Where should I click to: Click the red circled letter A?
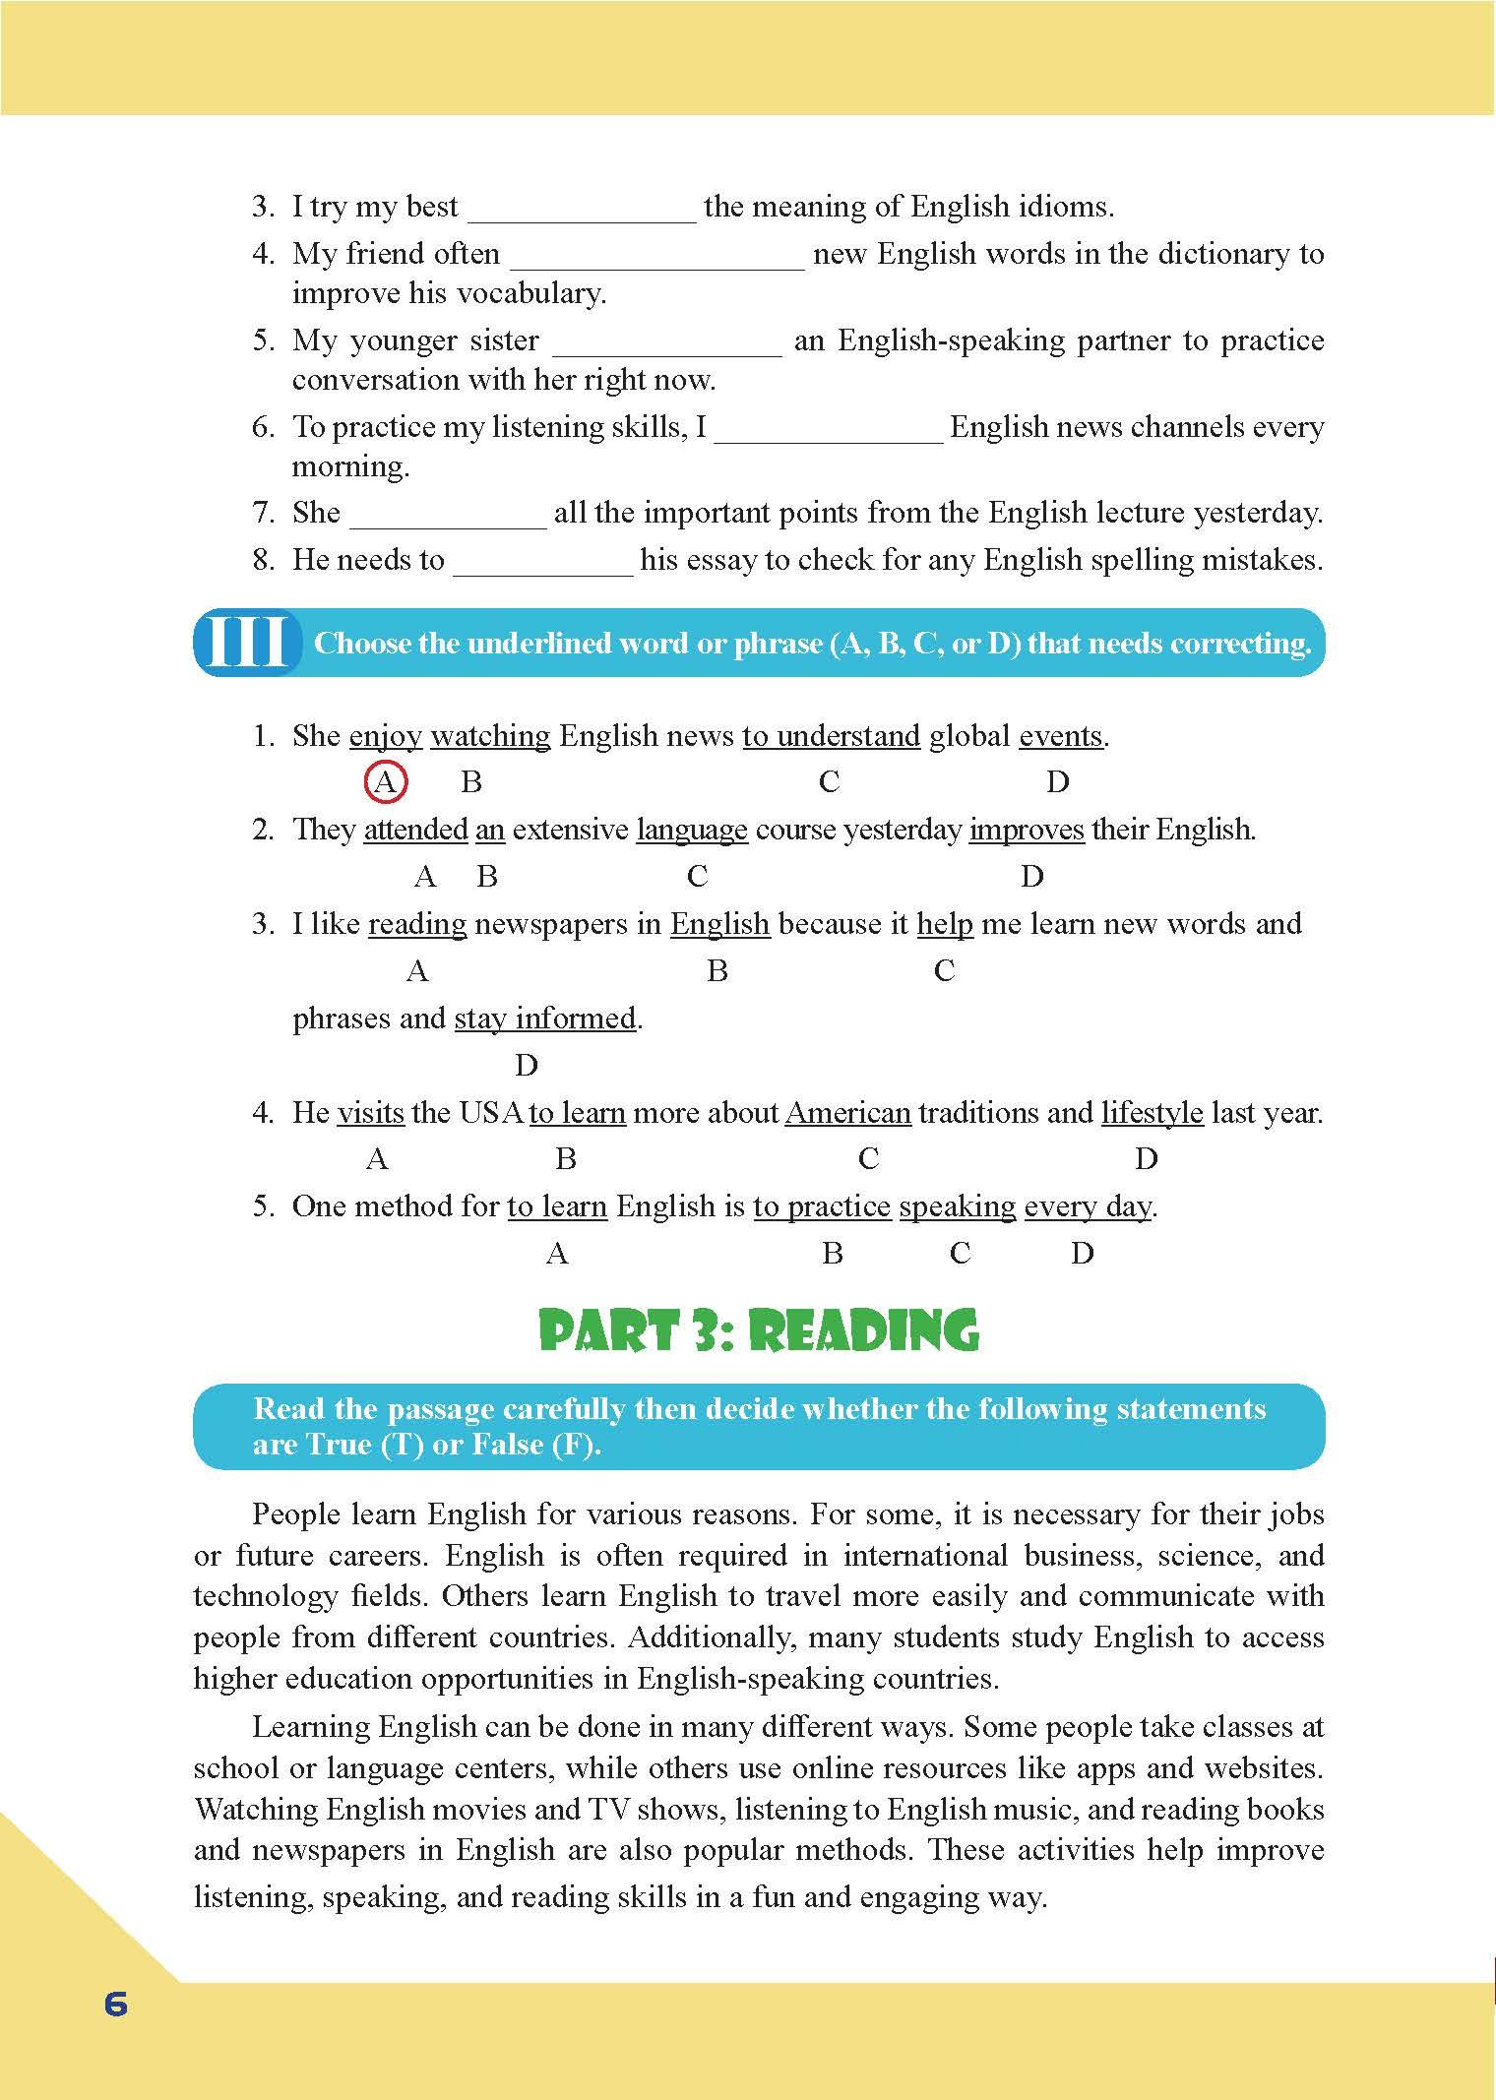point(386,783)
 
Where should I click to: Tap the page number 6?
point(116,2004)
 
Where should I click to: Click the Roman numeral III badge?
point(247,643)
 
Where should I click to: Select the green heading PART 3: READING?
point(759,1331)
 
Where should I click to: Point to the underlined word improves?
point(1027,830)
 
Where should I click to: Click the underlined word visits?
point(370,1113)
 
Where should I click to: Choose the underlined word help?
point(945,924)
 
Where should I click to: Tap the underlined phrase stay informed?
point(544,1019)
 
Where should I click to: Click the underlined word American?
point(847,1113)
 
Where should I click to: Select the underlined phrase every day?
point(1087,1206)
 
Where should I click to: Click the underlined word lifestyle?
point(1152,1113)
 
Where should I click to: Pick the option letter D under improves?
point(1031,877)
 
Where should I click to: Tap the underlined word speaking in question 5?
point(957,1206)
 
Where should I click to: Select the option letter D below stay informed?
point(527,1066)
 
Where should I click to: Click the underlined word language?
point(692,830)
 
